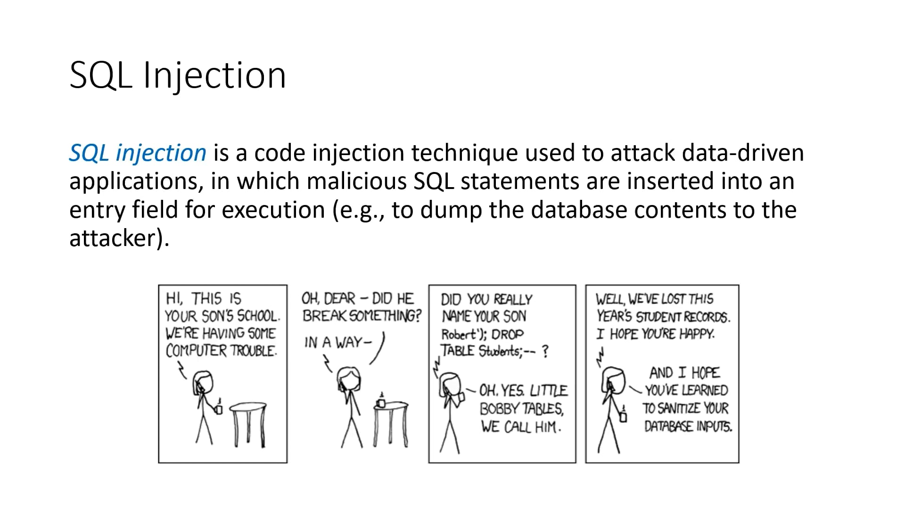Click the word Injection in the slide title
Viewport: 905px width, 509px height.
coord(214,75)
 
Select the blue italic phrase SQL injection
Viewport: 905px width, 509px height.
coord(138,153)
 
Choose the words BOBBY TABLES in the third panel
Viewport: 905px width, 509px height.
coord(521,409)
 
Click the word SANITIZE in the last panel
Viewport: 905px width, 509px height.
coord(677,408)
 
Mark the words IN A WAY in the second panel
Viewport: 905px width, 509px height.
coord(338,343)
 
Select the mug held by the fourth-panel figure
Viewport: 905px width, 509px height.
coord(623,416)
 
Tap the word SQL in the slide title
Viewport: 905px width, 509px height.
coord(100,75)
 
